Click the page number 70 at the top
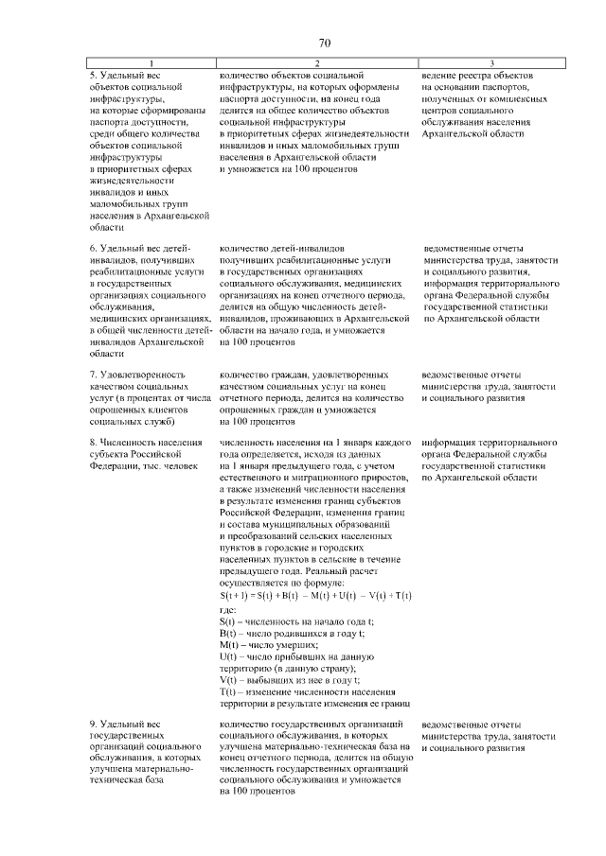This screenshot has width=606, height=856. (x=324, y=43)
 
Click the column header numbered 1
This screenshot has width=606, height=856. (x=145, y=63)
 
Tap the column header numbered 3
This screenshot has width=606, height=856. (x=492, y=63)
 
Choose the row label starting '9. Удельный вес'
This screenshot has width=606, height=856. (x=118, y=724)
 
